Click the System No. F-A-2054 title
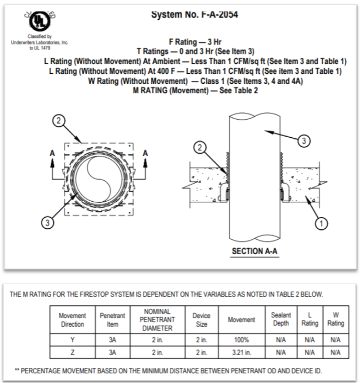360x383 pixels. pyautogui.click(x=194, y=14)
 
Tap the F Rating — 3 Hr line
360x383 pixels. pyautogui.click(x=195, y=42)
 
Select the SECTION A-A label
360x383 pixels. pyautogui.click(x=255, y=251)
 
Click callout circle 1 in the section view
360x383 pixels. pyautogui.click(x=321, y=223)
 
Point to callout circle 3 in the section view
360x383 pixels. pyautogui.click(x=304, y=141)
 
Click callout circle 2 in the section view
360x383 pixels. pyautogui.click(x=200, y=147)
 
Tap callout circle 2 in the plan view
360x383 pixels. pyautogui.click(x=59, y=121)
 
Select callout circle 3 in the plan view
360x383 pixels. pyautogui.click(x=47, y=223)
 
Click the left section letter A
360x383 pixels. pyautogui.click(x=52, y=153)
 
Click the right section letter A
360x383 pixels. pyautogui.click(x=145, y=153)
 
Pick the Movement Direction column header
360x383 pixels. pyautogui.click(x=72, y=320)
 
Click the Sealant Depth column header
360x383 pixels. pyautogui.click(x=281, y=319)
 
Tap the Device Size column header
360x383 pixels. pyautogui.click(x=202, y=320)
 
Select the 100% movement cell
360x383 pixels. pyautogui.click(x=241, y=340)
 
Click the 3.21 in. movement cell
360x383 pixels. pyautogui.click(x=241, y=353)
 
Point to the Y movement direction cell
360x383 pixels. pyautogui.click(x=72, y=340)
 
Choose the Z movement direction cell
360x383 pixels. pyautogui.click(x=72, y=353)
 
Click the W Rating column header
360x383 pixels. pyautogui.click(x=335, y=319)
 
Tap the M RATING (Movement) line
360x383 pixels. pyautogui.click(x=195, y=90)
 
